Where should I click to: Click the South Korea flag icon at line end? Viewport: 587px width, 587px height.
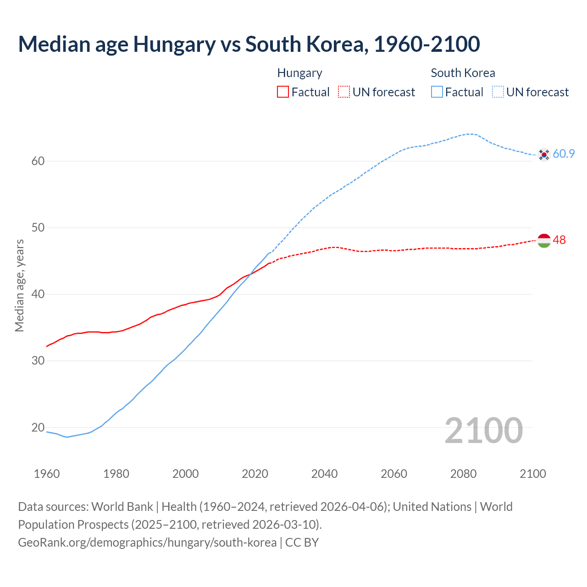[x=544, y=155]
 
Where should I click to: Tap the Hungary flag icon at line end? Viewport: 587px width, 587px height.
[x=544, y=240]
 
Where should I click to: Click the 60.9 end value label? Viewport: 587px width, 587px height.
[x=564, y=154]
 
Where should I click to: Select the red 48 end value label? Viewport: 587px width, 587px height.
[x=559, y=240]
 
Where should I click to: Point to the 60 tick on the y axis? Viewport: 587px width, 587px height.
[x=38, y=161]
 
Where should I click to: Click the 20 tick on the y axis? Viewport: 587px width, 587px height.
[x=38, y=427]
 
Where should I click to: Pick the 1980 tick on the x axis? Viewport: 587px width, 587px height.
[x=116, y=474]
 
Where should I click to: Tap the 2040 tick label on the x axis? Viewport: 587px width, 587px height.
[x=324, y=474]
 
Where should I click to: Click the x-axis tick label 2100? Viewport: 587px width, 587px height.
[x=532, y=474]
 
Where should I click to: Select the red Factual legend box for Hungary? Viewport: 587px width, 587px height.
[x=283, y=92]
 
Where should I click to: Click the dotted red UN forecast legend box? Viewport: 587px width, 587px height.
[x=344, y=92]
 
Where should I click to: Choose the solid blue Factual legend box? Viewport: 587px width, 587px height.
[x=437, y=92]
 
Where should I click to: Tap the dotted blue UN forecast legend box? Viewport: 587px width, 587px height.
[x=498, y=92]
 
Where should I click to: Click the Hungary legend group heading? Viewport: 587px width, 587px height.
[x=299, y=73]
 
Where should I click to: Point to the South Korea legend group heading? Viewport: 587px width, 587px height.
[x=463, y=73]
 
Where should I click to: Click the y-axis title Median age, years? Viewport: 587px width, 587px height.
[x=19, y=285]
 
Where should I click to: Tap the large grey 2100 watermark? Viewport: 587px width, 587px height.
[x=483, y=430]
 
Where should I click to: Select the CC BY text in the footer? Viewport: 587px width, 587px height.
[x=302, y=543]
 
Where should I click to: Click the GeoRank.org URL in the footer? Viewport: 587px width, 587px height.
[x=147, y=543]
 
